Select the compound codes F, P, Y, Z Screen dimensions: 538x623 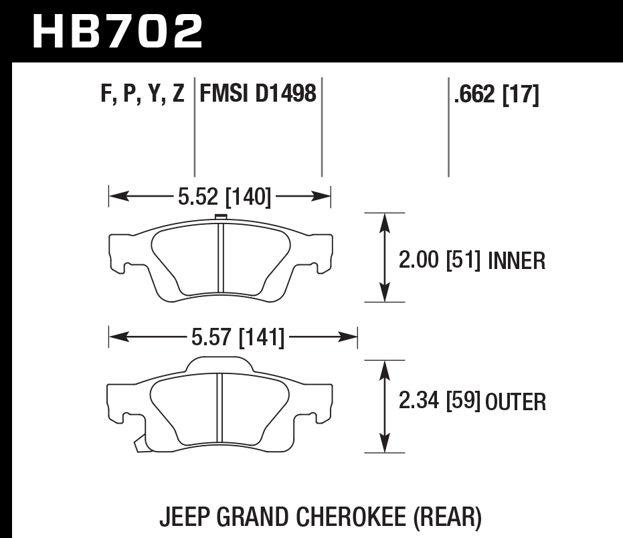143,94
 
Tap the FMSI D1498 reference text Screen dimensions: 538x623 258,94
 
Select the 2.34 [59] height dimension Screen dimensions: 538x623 439,401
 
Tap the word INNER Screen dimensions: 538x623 516,260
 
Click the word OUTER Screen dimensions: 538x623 516,402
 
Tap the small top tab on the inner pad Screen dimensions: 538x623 219,217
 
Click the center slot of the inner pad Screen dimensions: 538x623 219,257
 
